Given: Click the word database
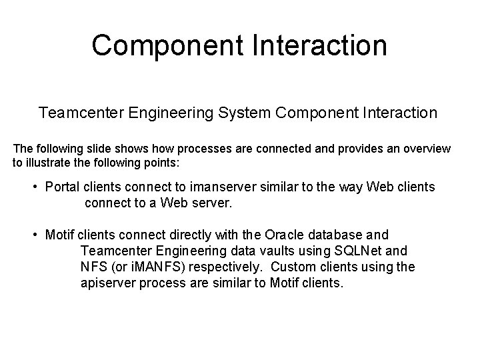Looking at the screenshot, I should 343,235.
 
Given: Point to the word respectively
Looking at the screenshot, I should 219,267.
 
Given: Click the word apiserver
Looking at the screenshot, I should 111,283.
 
